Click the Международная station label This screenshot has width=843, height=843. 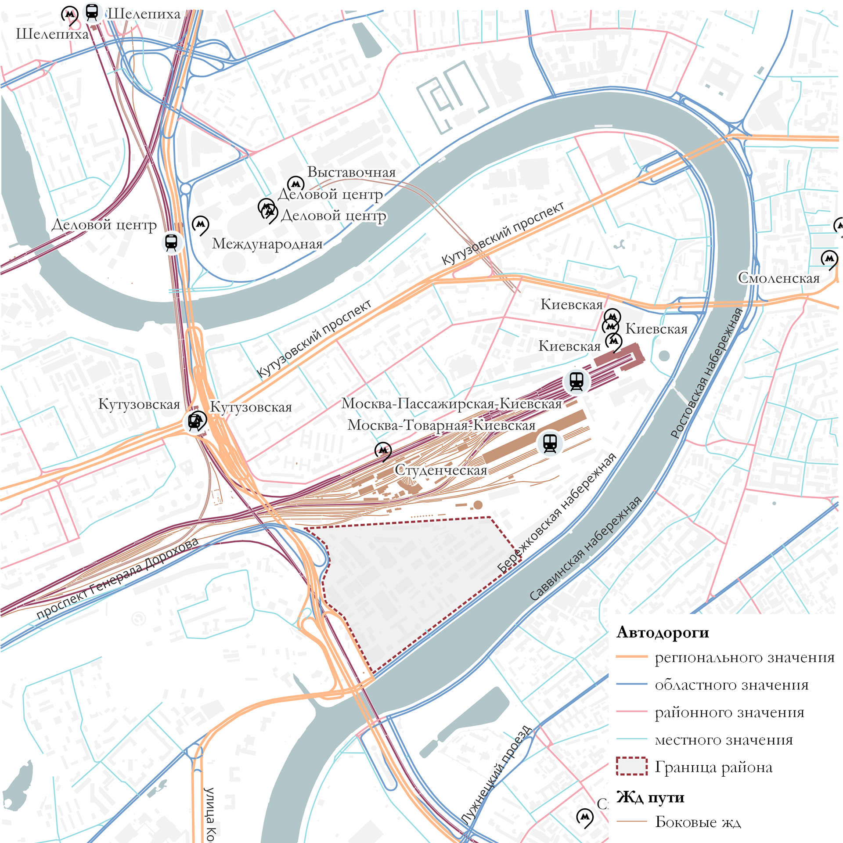267,244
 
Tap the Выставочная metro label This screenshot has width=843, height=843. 351,172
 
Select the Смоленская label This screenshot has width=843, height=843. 778,278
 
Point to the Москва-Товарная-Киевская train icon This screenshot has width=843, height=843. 550,443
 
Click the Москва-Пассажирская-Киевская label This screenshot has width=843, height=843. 451,403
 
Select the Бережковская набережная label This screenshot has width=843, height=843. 556,513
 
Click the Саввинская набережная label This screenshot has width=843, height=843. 585,549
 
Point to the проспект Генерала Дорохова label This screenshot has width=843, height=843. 117,578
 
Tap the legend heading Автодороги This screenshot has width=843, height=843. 663,632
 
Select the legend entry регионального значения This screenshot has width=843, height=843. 744,657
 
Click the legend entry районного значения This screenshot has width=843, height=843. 729,712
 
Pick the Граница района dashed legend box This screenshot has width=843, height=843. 631,766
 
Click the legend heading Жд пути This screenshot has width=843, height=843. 650,797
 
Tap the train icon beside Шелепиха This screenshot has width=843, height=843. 92,12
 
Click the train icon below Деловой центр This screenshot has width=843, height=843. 171,242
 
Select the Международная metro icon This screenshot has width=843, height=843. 200,224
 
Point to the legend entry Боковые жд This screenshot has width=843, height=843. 698,821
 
